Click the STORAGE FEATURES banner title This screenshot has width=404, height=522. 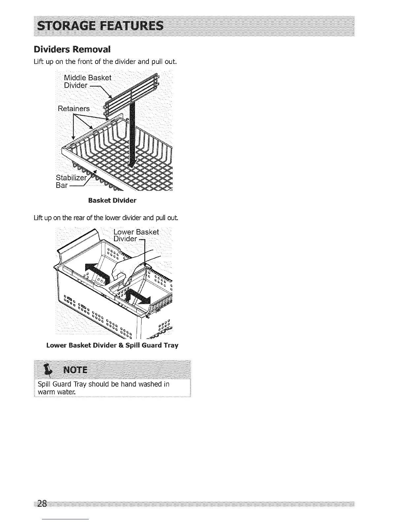click(100, 26)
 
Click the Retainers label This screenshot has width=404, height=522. click(74, 108)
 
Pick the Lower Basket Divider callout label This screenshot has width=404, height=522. click(136, 235)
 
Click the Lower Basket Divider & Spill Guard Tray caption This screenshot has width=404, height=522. click(112, 345)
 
